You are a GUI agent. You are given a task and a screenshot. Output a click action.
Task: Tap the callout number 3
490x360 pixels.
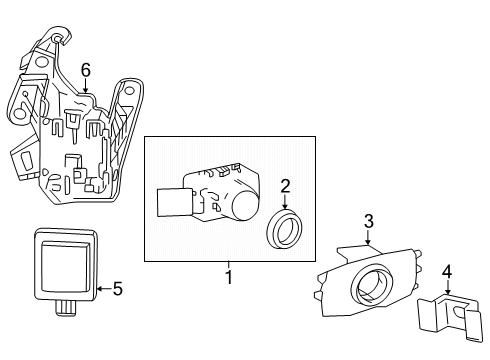point(368,220)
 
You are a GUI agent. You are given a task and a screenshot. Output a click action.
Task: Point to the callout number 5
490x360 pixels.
point(117,290)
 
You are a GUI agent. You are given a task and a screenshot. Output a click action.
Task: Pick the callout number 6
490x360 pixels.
point(86,69)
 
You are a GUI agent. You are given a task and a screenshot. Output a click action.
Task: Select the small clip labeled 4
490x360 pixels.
point(449,315)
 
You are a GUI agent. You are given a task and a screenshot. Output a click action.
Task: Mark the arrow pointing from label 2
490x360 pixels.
point(284,202)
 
